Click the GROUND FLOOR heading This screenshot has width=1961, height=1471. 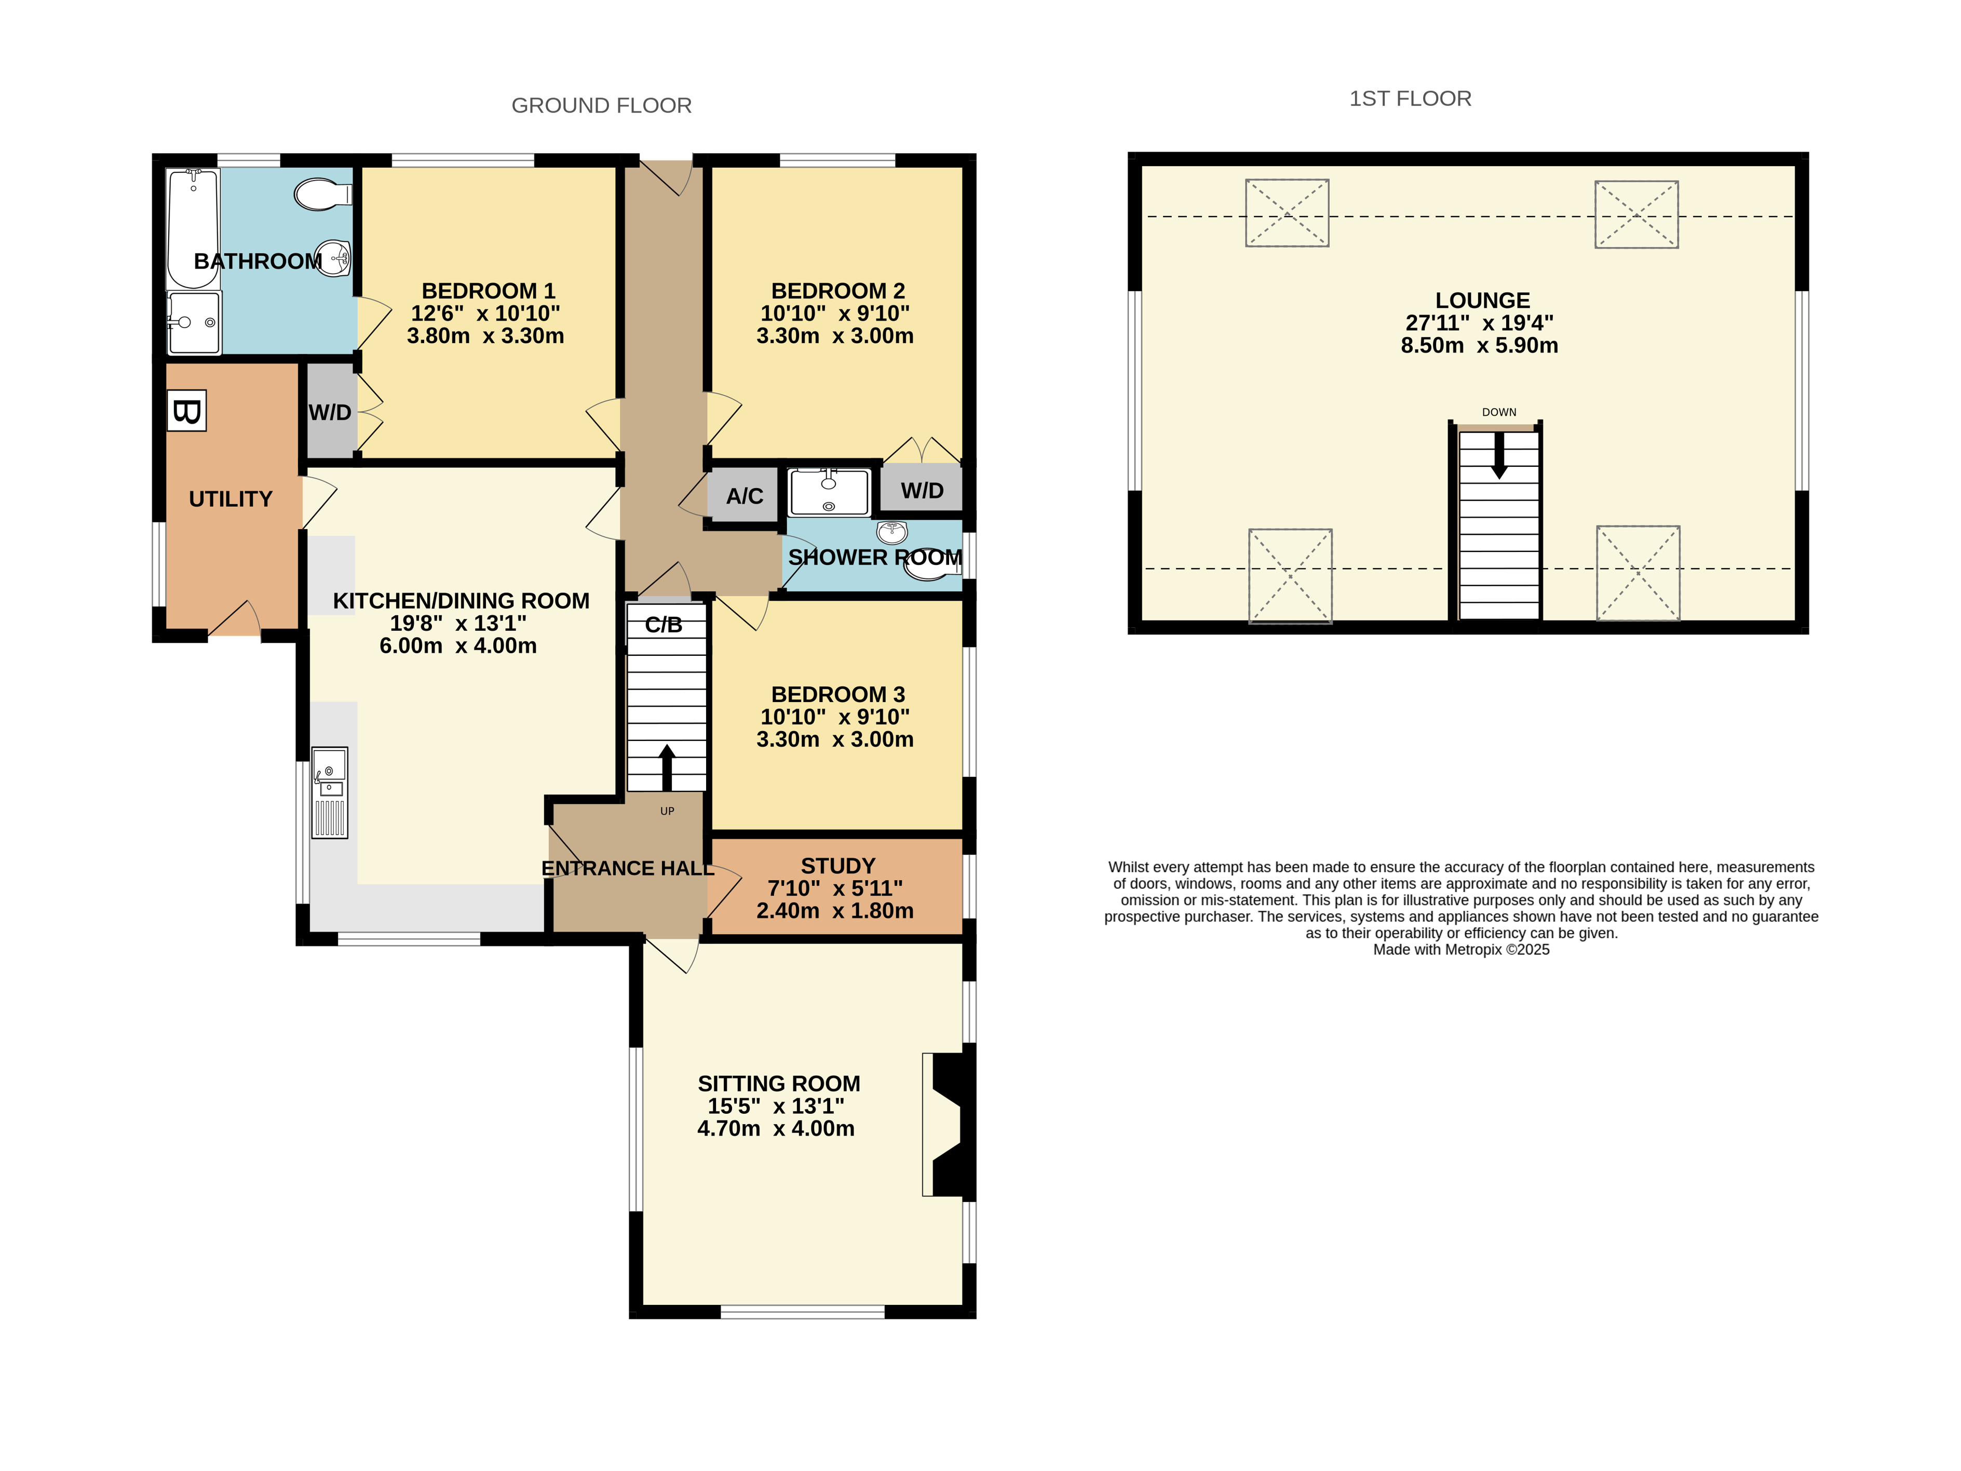point(601,105)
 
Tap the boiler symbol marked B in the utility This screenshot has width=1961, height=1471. point(187,411)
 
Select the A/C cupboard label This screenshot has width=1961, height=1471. point(744,496)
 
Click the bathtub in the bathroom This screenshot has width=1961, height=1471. point(193,229)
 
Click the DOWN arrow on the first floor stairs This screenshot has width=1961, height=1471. point(1499,456)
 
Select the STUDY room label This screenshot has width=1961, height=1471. point(838,866)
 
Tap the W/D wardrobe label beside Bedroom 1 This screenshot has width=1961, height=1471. point(330,412)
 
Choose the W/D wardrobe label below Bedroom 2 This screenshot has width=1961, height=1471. point(922,490)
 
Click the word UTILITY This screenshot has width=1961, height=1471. point(231,498)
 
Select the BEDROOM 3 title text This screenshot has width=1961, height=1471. point(838,694)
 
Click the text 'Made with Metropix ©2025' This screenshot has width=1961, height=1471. point(1461,950)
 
